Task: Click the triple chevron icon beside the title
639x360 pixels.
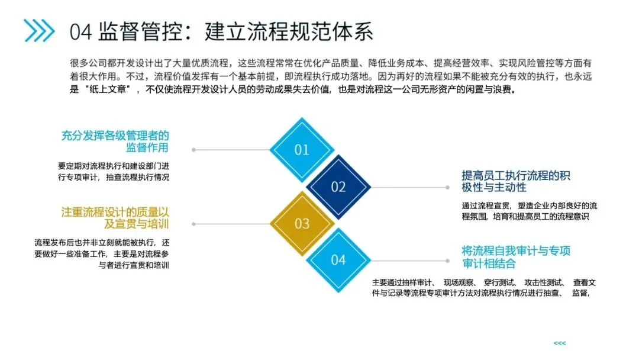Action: [39, 31]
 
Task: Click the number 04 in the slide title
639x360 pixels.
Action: [80, 31]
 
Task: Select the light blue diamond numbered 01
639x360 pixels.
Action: [302, 150]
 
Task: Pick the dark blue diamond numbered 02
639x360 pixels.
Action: [338, 187]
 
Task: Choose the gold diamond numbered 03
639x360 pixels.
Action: [302, 223]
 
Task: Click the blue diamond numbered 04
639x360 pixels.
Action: [338, 259]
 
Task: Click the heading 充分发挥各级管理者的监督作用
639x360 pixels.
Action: [115, 142]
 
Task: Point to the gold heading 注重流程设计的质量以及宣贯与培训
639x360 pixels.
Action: [115, 217]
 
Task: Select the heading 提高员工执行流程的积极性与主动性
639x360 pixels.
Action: [516, 181]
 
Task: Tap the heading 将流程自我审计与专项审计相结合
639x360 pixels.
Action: [516, 256]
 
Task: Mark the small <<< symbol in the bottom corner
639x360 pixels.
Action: [559, 343]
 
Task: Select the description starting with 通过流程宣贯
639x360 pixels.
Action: [530, 211]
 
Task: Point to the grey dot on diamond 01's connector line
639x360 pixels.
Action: [193, 150]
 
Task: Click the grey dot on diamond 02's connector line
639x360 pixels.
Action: [447, 188]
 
